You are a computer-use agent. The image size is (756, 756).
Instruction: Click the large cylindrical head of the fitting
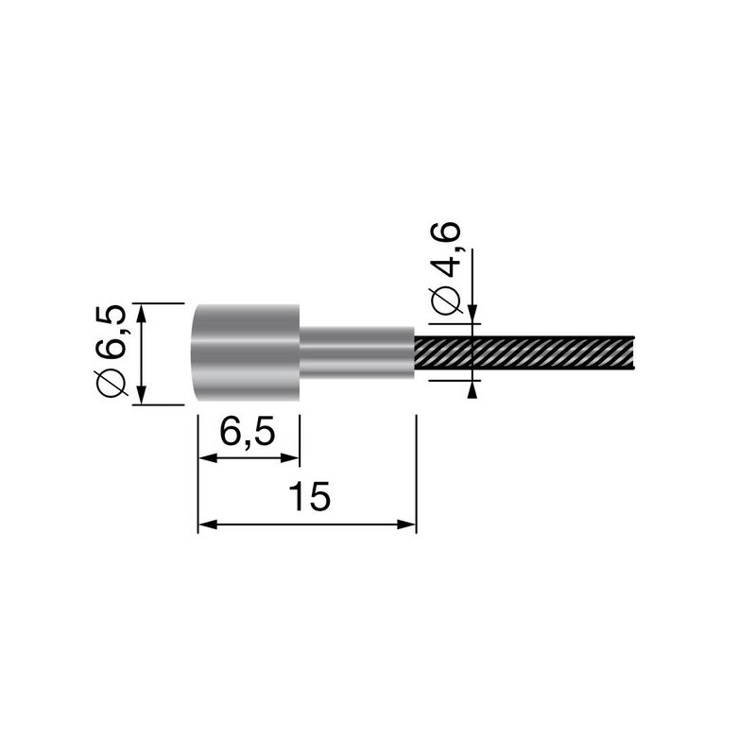pos(248,354)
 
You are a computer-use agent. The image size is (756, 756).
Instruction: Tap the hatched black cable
pos(529,354)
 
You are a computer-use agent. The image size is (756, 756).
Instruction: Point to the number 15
pos(309,498)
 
